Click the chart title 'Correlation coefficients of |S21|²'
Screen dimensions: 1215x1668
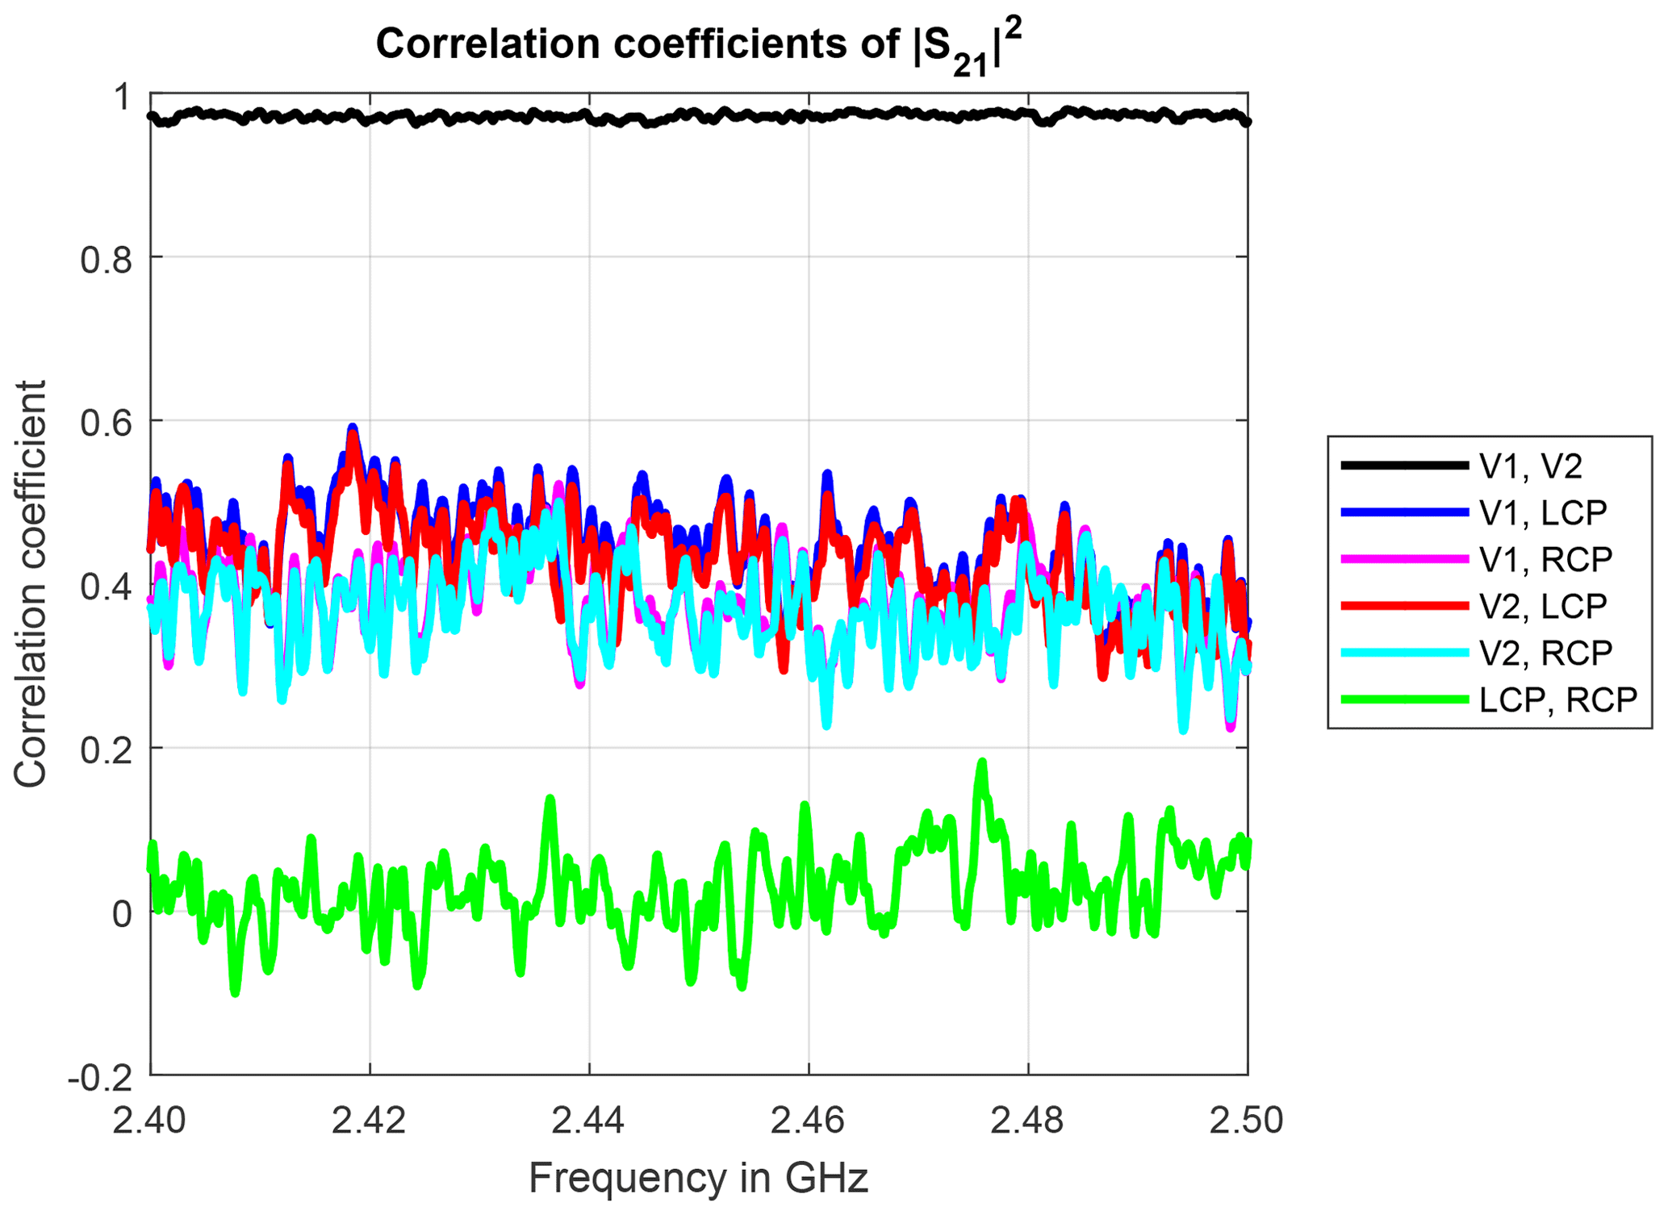pyautogui.click(x=699, y=45)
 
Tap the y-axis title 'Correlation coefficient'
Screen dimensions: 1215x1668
pyautogui.click(x=30, y=584)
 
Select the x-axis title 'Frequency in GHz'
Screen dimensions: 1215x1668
pyautogui.click(x=698, y=1178)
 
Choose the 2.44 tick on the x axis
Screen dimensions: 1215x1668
pyautogui.click(x=589, y=1121)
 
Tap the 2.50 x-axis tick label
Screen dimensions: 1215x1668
pyautogui.click(x=1247, y=1121)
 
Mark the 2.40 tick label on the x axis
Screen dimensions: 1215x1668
pyautogui.click(x=150, y=1121)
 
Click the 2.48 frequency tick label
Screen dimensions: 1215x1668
pyautogui.click(x=1028, y=1121)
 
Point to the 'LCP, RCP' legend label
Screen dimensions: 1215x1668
pyautogui.click(x=1557, y=699)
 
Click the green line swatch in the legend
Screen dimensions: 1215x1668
pyautogui.click(x=1404, y=699)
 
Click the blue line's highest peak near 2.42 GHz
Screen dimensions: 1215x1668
pyautogui.click(x=353, y=428)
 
